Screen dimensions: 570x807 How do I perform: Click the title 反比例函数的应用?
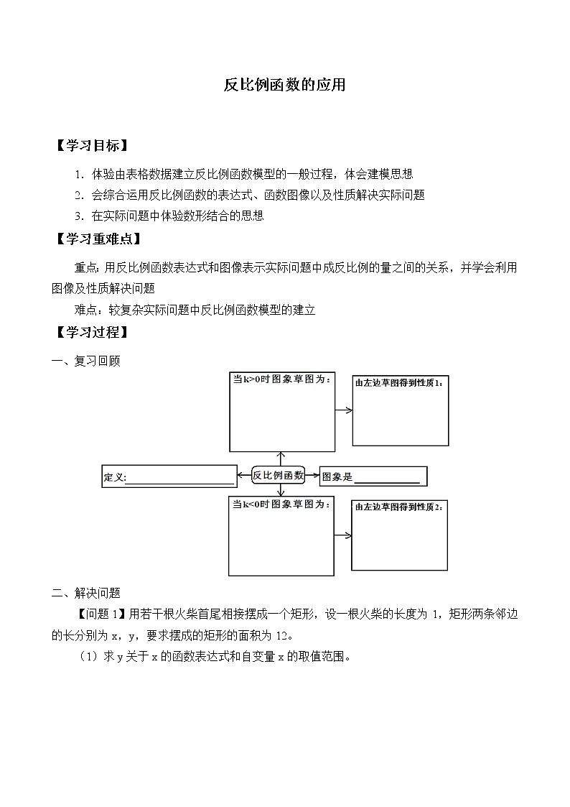pyautogui.click(x=285, y=86)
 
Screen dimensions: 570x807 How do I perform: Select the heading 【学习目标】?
pyautogui.click(x=91, y=146)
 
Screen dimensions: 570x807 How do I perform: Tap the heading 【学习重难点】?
pyautogui.click(x=97, y=239)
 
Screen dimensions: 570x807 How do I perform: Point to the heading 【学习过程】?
pyautogui.click(x=91, y=333)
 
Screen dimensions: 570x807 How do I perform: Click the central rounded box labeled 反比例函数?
pyautogui.click(x=279, y=474)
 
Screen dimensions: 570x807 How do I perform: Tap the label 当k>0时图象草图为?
pyautogui.click(x=281, y=379)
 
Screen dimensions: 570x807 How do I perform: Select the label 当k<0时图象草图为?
pyautogui.click(x=281, y=505)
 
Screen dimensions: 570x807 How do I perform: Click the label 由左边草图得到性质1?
pyautogui.click(x=399, y=382)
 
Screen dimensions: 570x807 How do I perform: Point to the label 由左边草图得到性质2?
pyautogui.click(x=399, y=507)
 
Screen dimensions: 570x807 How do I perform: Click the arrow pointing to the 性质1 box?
pyautogui.click(x=344, y=410)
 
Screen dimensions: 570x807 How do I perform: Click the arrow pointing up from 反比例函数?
pyautogui.click(x=281, y=458)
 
